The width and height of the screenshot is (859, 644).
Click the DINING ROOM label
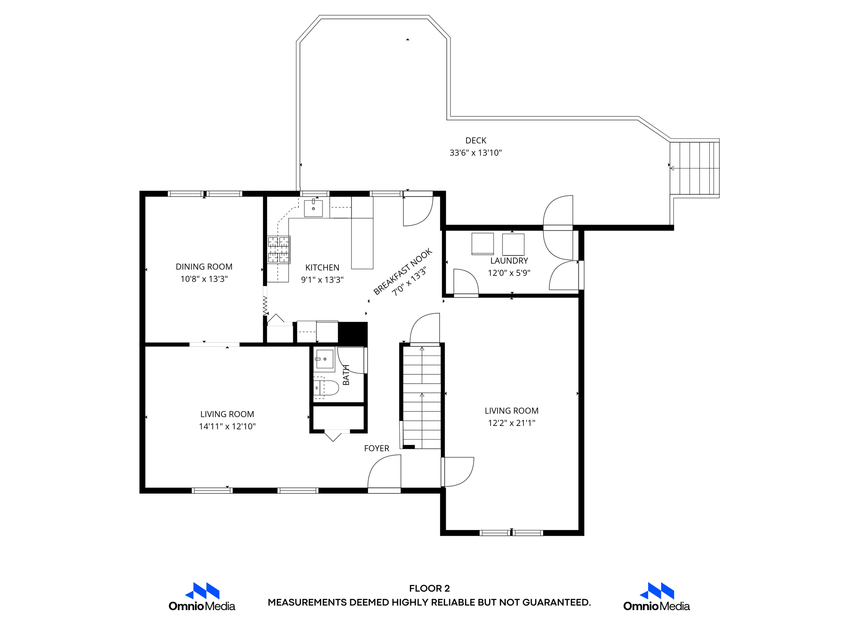pyautogui.click(x=204, y=267)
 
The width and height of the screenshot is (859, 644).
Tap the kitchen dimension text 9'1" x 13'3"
pyautogui.click(x=322, y=280)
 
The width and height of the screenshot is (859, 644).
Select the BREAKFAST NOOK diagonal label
pyautogui.click(x=402, y=272)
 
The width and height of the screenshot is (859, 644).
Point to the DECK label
pyautogui.click(x=476, y=140)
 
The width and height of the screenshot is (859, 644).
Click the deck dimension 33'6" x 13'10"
pyautogui.click(x=476, y=153)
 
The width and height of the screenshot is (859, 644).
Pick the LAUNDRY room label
pyautogui.click(x=509, y=261)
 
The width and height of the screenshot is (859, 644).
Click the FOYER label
pyautogui.click(x=376, y=448)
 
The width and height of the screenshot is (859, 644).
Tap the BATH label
pyautogui.click(x=346, y=375)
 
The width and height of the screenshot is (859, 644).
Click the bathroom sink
pyautogui.click(x=324, y=359)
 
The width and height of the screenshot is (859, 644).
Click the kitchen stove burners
pyautogui.click(x=279, y=250)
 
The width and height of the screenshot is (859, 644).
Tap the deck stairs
pyautogui.click(x=695, y=168)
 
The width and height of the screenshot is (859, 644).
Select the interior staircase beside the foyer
pyautogui.click(x=422, y=396)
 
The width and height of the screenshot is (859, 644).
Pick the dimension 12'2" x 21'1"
pyautogui.click(x=511, y=423)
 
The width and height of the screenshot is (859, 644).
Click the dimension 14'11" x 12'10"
pyautogui.click(x=227, y=426)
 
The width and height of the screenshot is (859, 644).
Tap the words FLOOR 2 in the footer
pyautogui.click(x=429, y=588)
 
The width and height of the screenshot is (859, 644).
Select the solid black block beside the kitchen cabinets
pyautogui.click(x=353, y=333)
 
